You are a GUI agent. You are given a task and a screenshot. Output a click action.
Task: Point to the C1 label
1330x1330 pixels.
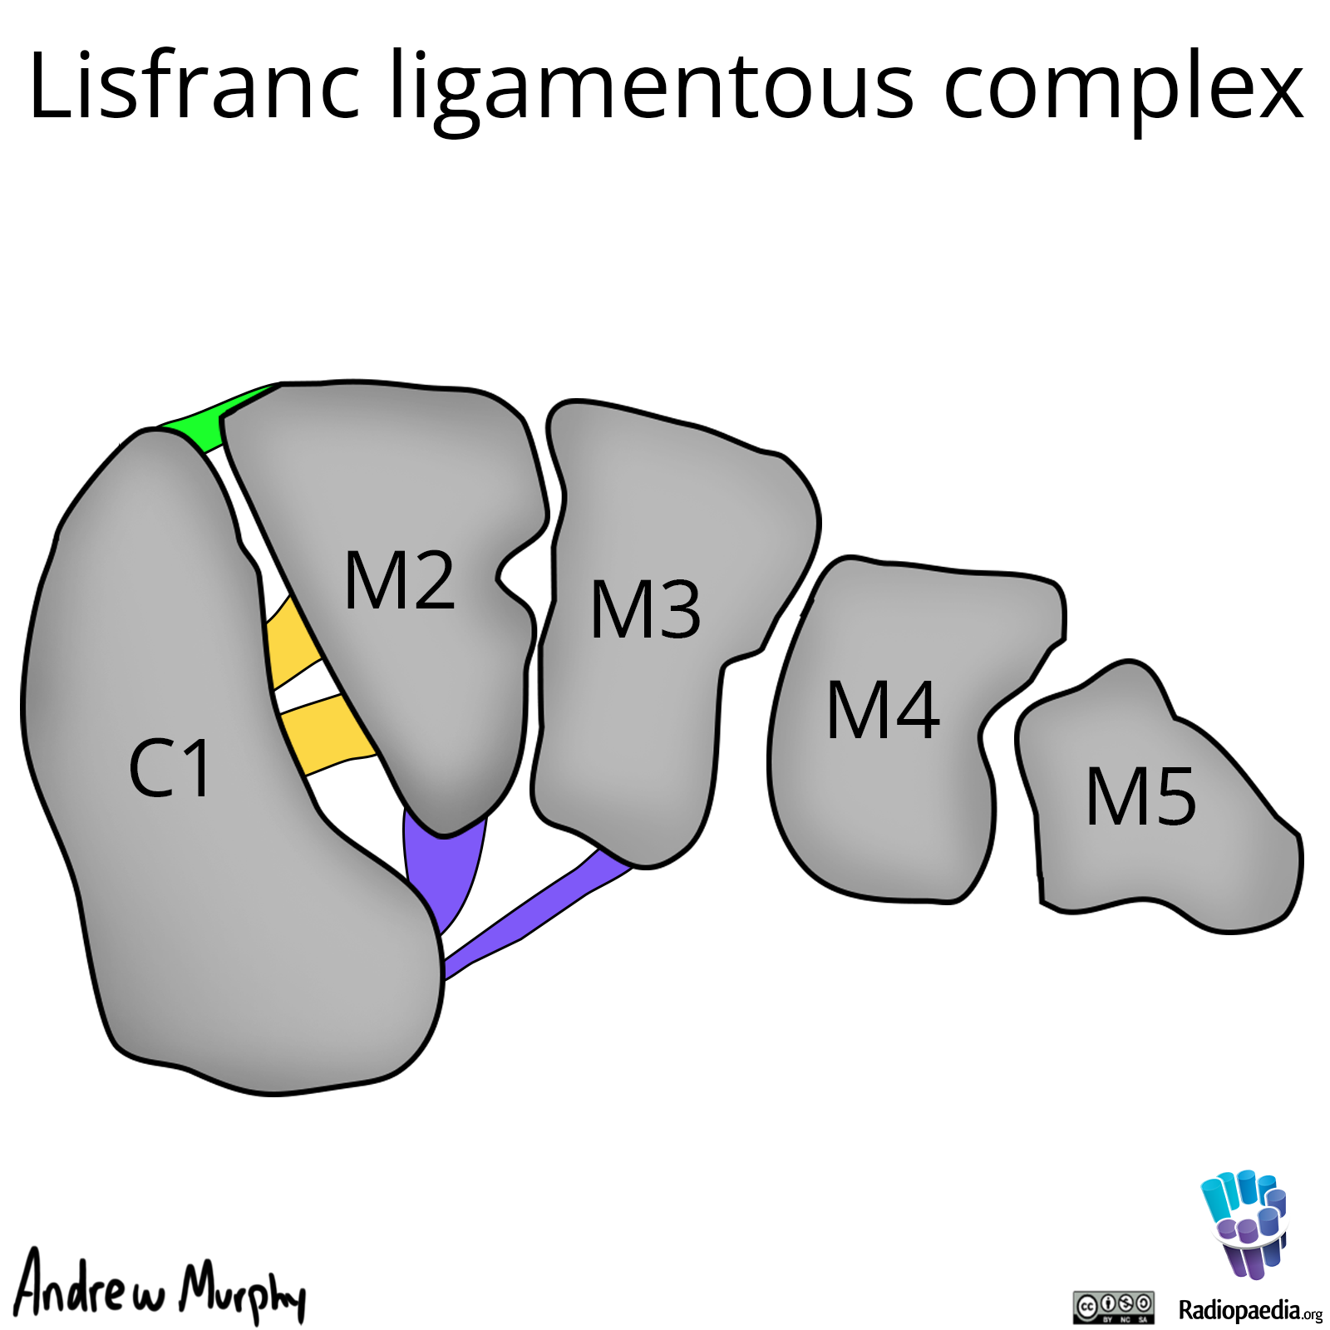(x=170, y=770)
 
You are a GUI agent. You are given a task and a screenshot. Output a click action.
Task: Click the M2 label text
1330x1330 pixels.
(x=400, y=581)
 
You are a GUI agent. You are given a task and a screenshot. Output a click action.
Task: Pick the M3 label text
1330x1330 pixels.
(x=646, y=610)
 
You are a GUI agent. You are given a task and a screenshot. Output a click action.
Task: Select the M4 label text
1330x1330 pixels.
(x=883, y=711)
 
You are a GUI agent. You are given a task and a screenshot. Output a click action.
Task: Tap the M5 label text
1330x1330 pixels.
(x=1140, y=798)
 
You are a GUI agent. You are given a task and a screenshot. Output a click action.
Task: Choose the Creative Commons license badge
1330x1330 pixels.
(x=1113, y=1307)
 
